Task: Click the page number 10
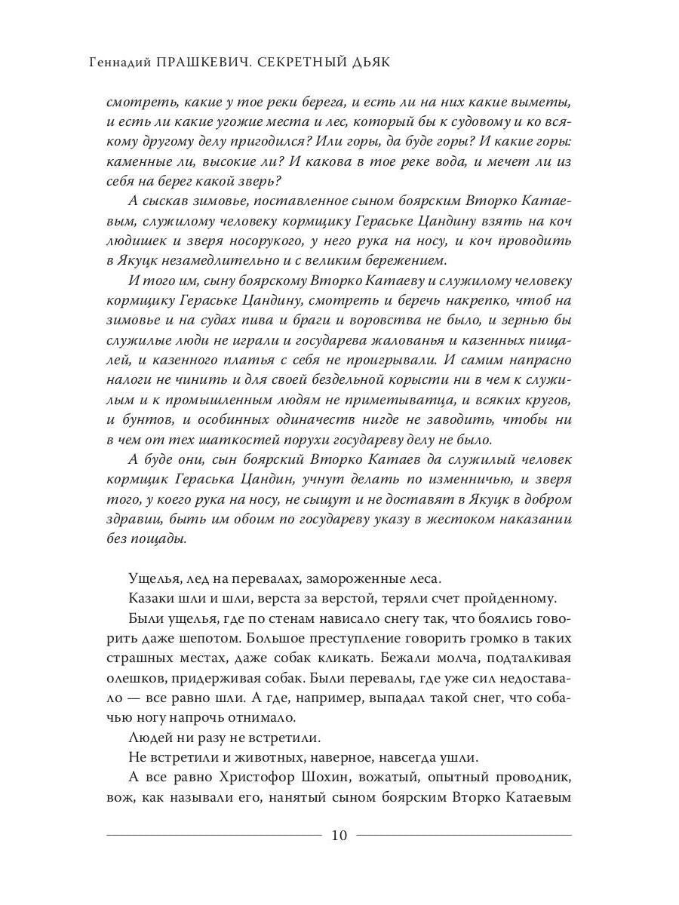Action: click(339, 835)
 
